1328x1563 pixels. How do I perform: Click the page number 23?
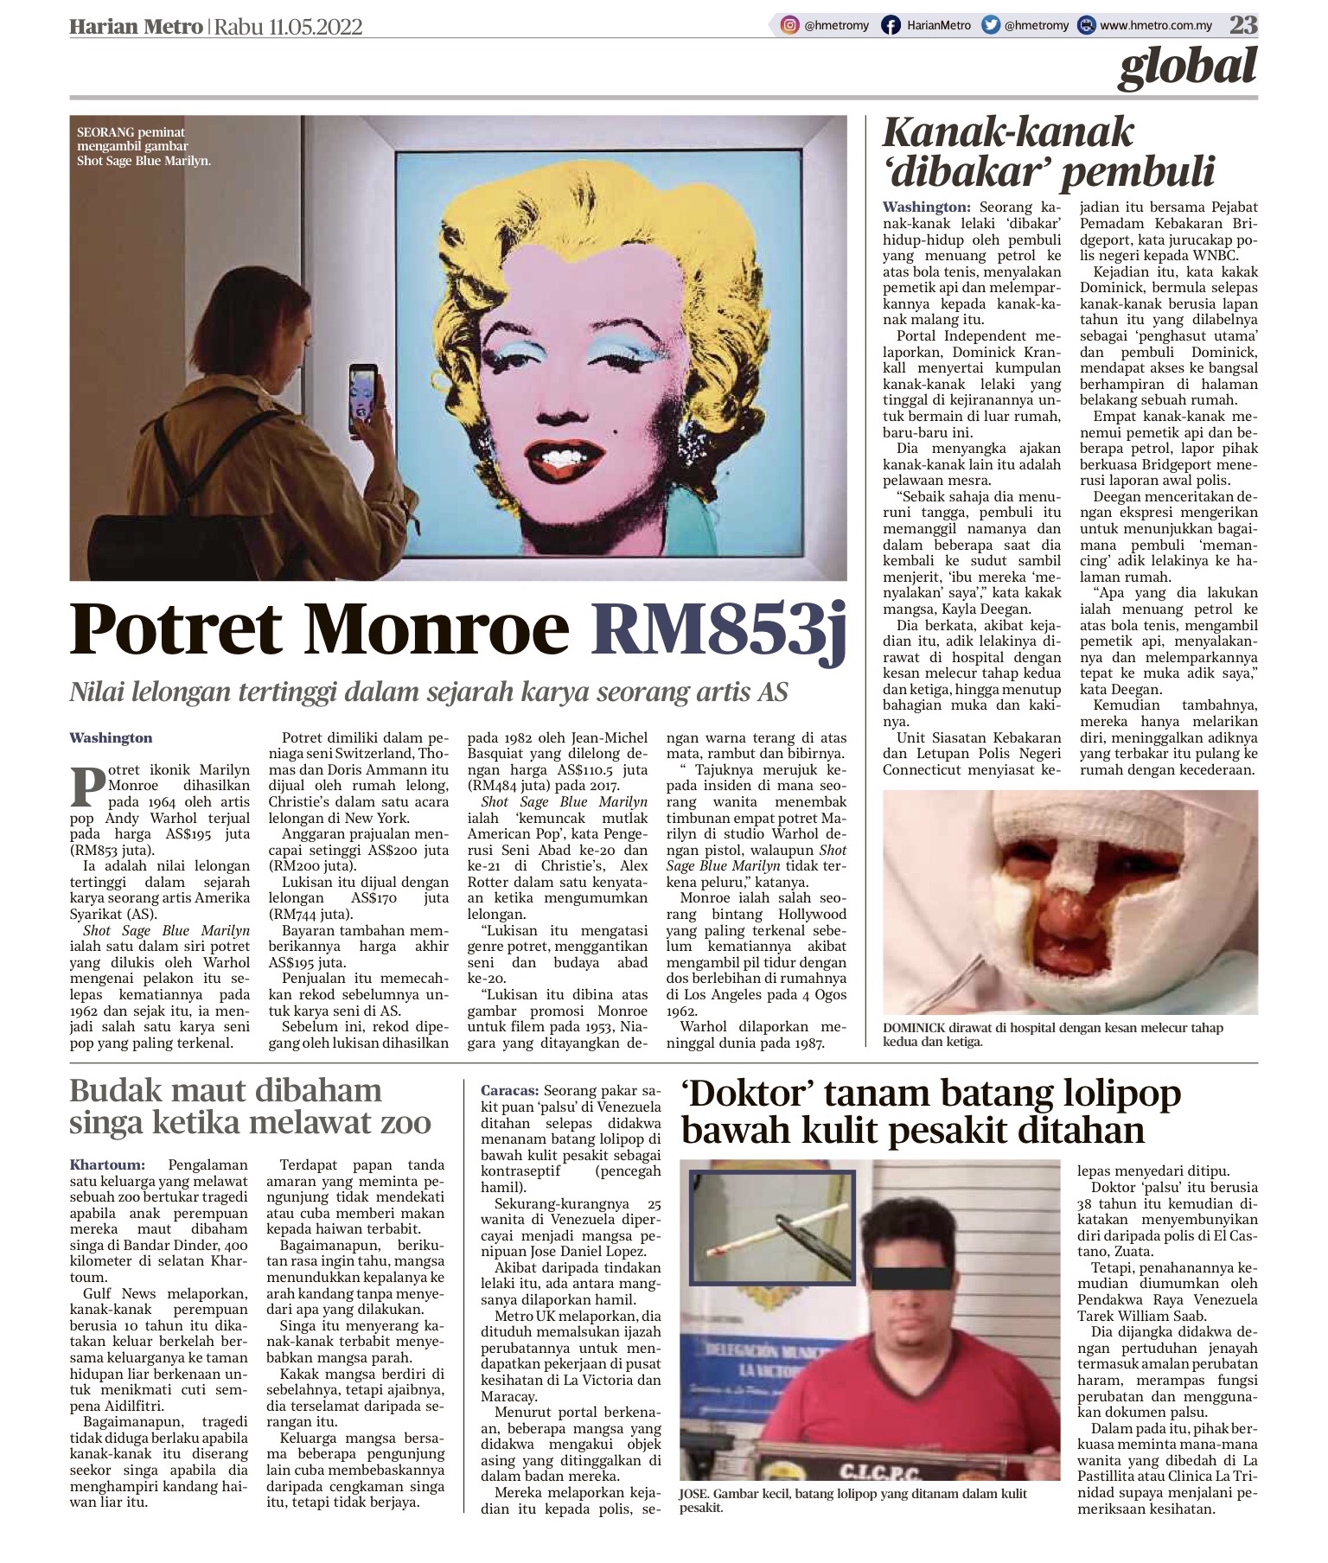pos(1243,25)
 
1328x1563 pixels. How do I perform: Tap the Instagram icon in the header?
pos(789,26)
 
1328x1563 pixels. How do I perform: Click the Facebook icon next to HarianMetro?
pos(891,26)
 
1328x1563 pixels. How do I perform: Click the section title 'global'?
pos(1187,67)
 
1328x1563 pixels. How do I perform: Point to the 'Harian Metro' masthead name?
pos(136,27)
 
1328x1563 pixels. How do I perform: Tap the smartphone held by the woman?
pos(363,399)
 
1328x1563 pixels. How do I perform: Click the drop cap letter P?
pos(88,786)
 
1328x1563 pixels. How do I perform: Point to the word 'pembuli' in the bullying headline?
pos(1138,172)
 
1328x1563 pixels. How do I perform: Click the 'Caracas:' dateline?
pos(510,1091)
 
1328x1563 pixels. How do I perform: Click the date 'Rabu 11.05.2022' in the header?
pos(288,27)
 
